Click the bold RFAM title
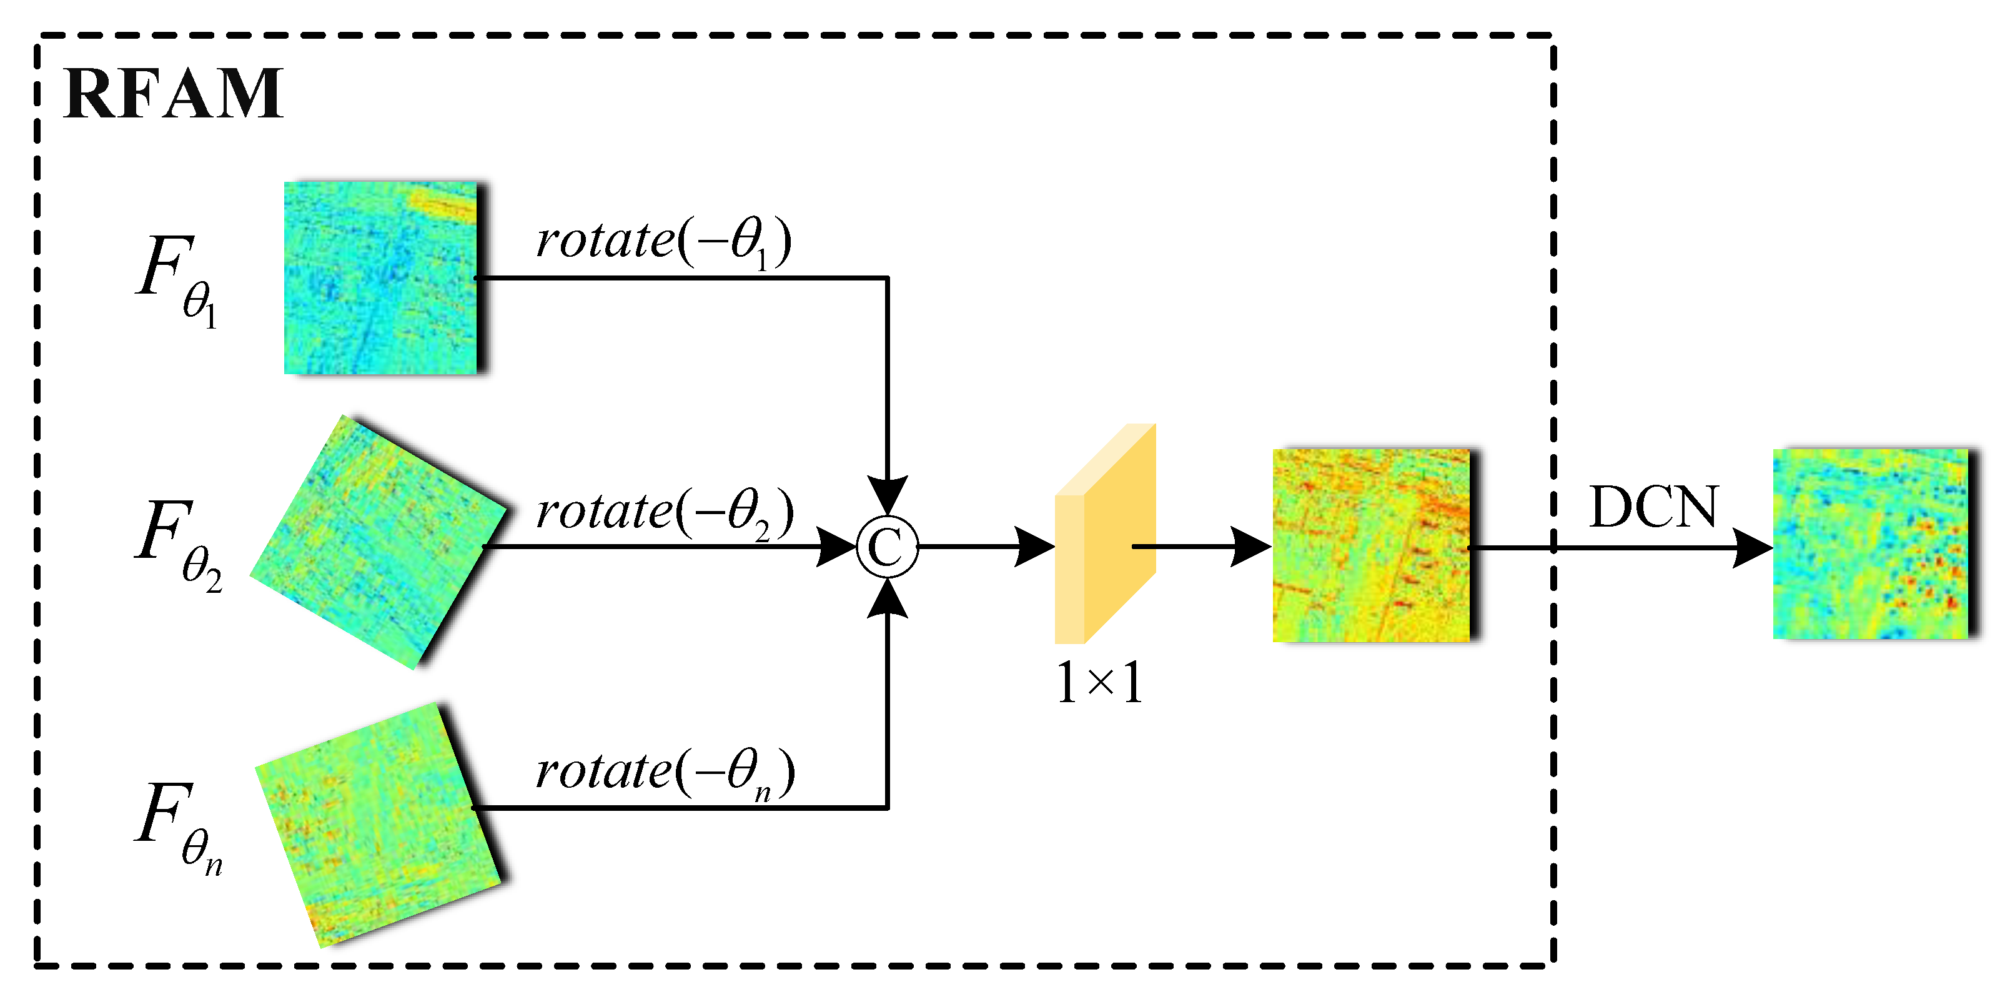coord(173,95)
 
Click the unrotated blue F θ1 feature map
coord(380,278)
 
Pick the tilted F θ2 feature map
coord(377,542)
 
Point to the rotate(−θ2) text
coord(664,512)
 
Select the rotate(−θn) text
coord(664,772)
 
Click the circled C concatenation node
coord(887,547)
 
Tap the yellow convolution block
coord(1104,535)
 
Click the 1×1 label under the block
coord(1099,683)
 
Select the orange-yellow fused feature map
coord(1371,546)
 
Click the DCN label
coord(1654,508)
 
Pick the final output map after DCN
coord(1871,544)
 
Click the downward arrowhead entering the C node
coord(888,495)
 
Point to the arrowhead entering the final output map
coord(1753,548)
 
